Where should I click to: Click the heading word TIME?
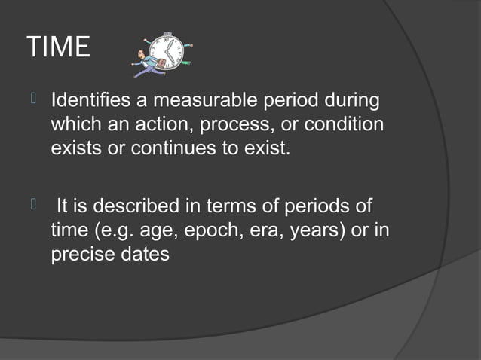tap(58, 48)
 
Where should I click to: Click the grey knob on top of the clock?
tap(167, 33)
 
